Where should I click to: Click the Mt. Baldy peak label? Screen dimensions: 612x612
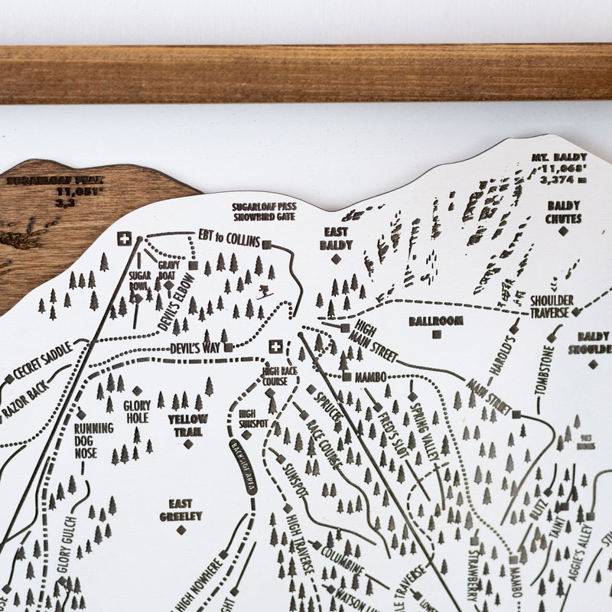click(559, 168)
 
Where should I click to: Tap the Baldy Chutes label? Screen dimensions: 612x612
click(564, 211)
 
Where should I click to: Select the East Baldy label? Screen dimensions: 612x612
click(336, 238)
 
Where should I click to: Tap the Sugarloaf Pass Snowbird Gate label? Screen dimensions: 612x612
click(264, 211)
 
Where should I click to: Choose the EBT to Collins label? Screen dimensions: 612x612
click(229, 237)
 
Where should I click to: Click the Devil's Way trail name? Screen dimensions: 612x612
click(195, 348)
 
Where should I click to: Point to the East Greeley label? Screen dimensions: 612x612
click(181, 509)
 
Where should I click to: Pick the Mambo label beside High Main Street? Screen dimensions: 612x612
click(369, 376)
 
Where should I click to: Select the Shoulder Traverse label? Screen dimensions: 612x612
click(550, 306)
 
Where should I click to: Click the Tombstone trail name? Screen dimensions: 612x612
click(545, 370)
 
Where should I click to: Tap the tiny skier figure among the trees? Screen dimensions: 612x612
click(264, 291)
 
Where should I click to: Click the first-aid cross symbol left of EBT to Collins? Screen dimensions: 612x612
click(124, 239)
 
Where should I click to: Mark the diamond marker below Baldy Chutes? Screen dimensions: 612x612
click(564, 230)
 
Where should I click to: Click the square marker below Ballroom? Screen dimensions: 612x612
click(436, 334)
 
